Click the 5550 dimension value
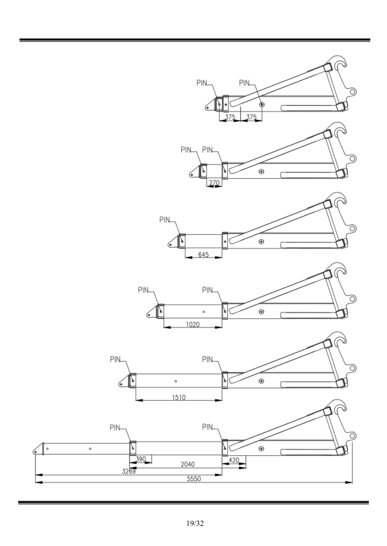coord(194,479)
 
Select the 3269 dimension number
coord(129,471)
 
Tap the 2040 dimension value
coord(188,464)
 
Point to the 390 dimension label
coord(140,459)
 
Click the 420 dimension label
coord(234,460)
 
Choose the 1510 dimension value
coord(179,398)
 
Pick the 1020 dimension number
coord(193,324)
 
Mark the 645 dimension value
coord(204,255)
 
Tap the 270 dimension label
coord(214,182)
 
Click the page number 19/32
coord(195,523)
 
